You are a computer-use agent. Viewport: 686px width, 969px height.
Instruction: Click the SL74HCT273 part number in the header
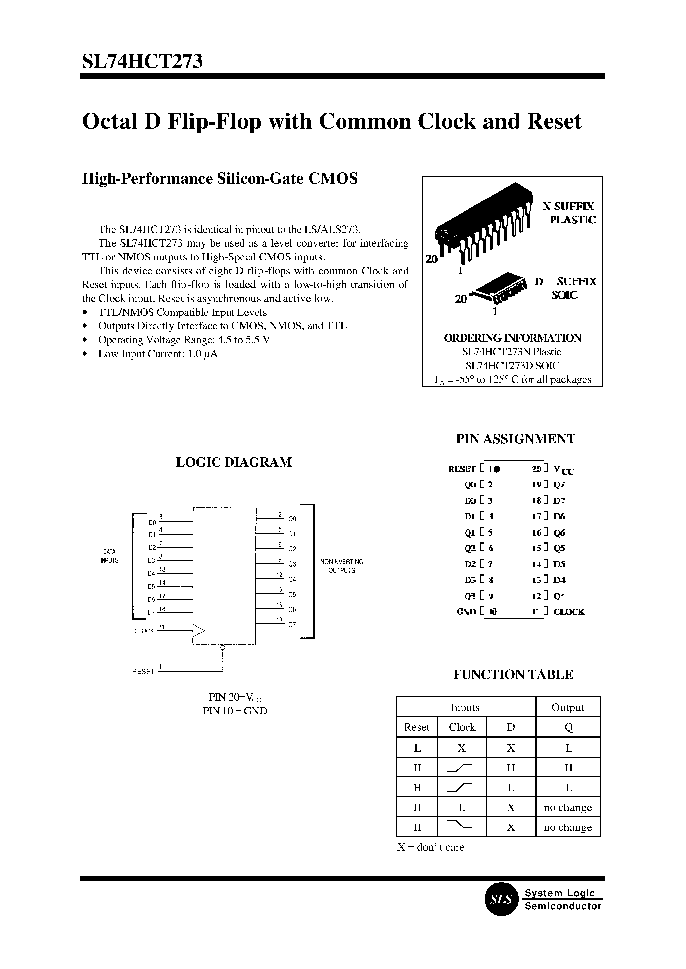click(x=142, y=61)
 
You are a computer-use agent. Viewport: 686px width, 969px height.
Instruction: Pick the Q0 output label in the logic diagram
click(x=292, y=519)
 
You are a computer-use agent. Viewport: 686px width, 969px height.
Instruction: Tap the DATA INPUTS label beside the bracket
click(x=109, y=556)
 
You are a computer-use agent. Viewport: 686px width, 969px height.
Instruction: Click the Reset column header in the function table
click(x=416, y=727)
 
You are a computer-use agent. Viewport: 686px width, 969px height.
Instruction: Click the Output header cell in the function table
click(x=568, y=707)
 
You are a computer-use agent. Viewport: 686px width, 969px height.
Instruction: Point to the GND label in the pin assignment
click(x=467, y=611)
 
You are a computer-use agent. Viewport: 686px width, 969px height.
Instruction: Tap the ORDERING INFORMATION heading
click(x=512, y=338)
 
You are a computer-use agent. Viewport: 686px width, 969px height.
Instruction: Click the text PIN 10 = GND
click(x=235, y=711)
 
